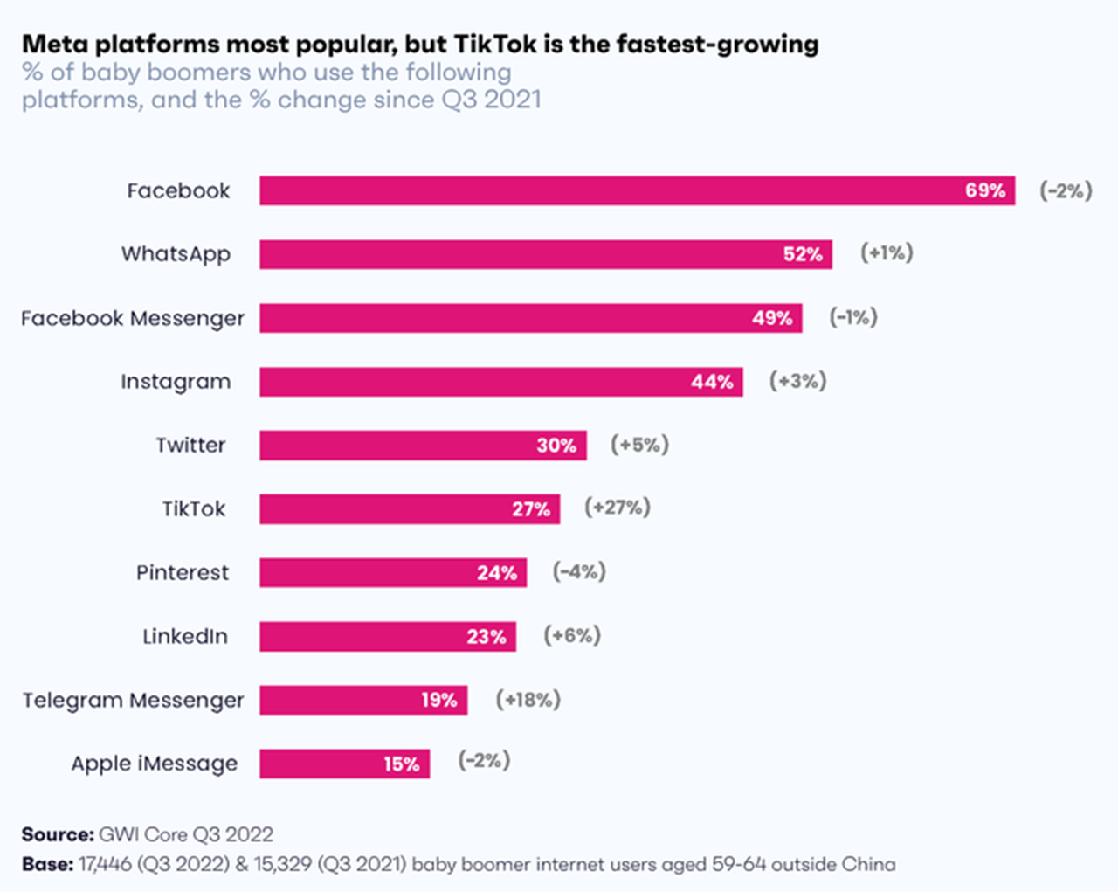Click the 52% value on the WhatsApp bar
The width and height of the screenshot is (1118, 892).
802,254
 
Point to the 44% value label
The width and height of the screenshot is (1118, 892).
712,382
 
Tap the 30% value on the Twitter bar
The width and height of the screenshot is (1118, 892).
556,446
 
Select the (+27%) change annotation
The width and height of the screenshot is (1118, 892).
618,508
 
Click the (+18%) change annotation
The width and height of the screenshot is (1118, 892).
528,700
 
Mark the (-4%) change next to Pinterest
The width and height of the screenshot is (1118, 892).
579,572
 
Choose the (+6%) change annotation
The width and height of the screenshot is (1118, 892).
572,635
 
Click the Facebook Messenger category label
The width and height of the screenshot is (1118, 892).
133,318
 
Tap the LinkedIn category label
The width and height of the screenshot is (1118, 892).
185,636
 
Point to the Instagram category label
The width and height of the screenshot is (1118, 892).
176,382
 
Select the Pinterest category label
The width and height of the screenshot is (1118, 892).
183,573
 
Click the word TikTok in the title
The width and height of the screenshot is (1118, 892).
495,44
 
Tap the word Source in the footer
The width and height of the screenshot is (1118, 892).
56,834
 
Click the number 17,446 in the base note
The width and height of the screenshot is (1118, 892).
105,864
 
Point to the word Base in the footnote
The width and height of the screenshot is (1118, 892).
46,864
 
